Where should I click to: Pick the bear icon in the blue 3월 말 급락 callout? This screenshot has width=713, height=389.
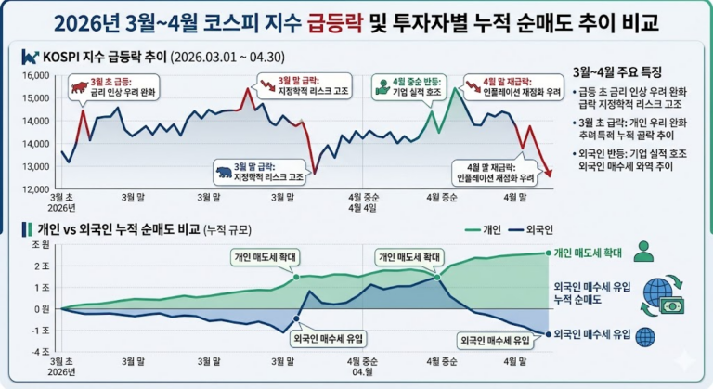click(224, 172)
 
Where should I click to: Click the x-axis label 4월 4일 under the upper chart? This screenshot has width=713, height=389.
click(361, 208)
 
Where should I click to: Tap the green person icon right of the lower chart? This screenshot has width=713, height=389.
click(643, 251)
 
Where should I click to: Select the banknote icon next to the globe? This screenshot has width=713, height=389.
click(670, 304)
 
